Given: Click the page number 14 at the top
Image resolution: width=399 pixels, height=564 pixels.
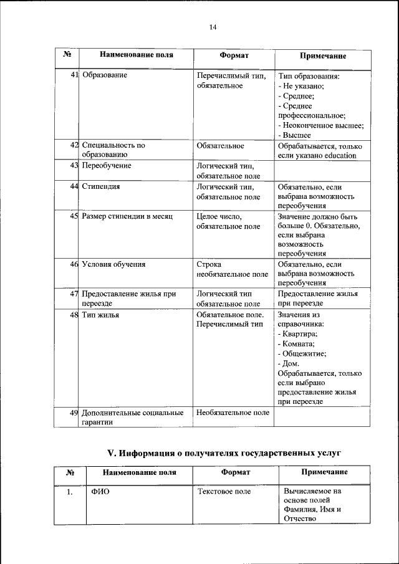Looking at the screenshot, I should point(212,27).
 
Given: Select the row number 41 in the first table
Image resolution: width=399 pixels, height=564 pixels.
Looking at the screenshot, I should point(74,75).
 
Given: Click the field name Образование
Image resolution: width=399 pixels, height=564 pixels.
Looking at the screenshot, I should point(105,75).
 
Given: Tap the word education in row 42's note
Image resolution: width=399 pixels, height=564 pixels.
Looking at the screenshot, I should point(337,155).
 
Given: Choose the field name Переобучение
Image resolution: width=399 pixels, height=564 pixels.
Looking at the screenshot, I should point(107,166).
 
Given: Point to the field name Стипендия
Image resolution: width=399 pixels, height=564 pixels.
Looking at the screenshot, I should point(101,186).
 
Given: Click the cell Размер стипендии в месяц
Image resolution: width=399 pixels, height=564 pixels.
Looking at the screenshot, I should point(127,217).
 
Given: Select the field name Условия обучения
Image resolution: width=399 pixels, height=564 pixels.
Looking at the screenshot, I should point(113,264).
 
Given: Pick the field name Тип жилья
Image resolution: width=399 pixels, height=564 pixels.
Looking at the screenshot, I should point(100,315).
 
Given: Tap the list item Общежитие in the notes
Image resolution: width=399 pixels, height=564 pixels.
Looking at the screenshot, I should point(302,353).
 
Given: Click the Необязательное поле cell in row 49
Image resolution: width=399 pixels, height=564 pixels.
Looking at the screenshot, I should point(233,413).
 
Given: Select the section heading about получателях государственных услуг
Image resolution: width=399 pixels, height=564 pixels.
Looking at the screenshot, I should point(225,452).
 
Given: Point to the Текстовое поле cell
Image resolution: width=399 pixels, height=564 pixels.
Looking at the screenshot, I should point(224,492).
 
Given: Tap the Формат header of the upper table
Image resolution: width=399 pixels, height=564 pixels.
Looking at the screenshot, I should point(234,55).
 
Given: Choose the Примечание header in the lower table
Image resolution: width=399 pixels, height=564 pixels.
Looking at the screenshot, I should point(324,472).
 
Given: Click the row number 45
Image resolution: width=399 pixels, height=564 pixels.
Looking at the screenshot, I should point(74,217).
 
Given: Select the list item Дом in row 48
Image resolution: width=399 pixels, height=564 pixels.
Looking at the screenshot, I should point(289,363).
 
